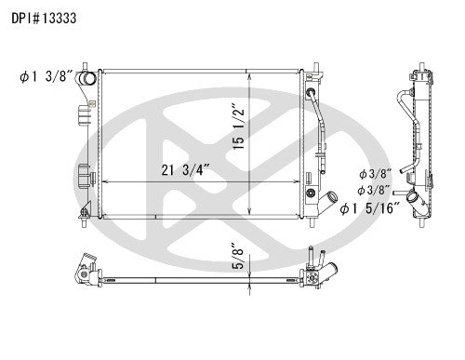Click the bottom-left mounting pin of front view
(86, 222)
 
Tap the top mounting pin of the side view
(415, 65)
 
